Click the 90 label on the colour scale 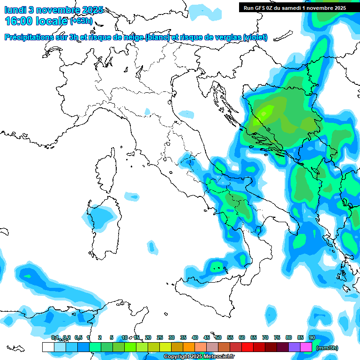pos(312,337)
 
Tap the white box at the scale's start pos(48,347)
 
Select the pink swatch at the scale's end pos(306,347)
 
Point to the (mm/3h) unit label pos(327,348)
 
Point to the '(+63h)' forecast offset pos(81,21)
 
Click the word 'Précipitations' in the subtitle pos(29,37)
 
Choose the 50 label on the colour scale pos(218,337)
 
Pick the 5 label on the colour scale pos(112,337)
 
